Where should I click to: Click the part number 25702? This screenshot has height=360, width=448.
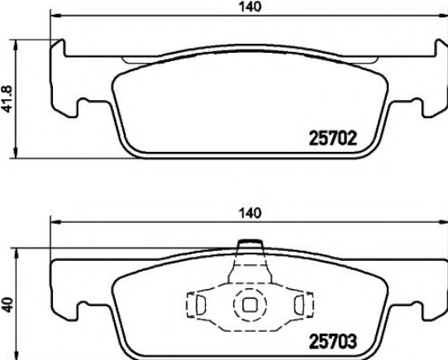333,139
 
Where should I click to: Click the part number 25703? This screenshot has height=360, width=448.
333,342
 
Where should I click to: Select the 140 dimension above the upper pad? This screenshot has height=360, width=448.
250,7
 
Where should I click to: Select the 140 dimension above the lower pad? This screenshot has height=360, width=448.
250,213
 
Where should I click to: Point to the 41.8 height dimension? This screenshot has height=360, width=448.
7,98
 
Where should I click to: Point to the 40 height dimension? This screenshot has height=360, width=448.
7,305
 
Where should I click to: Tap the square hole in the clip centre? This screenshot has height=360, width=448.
250,305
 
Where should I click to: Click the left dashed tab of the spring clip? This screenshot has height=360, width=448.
196,304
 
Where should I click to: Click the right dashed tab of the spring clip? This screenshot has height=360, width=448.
304,304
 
